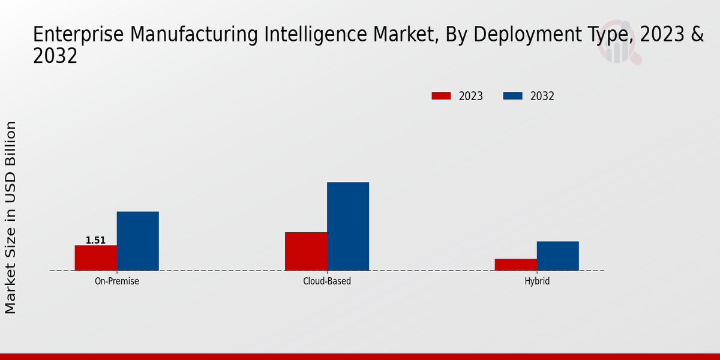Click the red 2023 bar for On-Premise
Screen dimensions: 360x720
tap(96, 258)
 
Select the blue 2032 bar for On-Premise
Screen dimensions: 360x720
tap(138, 241)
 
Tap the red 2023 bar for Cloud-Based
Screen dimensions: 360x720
tap(306, 251)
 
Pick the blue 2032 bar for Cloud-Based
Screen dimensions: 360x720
tap(348, 226)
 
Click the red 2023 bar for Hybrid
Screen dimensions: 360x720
tap(516, 265)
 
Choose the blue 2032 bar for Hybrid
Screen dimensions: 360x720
tap(558, 256)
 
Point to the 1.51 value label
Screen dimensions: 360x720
tap(95, 241)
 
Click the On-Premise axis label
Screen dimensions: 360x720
tap(117, 281)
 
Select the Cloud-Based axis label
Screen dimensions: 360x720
tap(327, 281)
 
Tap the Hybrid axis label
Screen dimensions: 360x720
tap(537, 281)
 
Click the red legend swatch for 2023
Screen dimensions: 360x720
tap(441, 96)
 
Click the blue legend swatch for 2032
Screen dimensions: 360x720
tap(512, 96)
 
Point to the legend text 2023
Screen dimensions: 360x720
tap(471, 96)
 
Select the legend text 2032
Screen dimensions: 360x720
tap(542, 96)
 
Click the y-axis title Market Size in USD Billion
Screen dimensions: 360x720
tap(11, 217)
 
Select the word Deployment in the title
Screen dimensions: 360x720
tap(527, 35)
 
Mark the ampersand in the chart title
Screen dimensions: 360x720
tap(697, 35)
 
